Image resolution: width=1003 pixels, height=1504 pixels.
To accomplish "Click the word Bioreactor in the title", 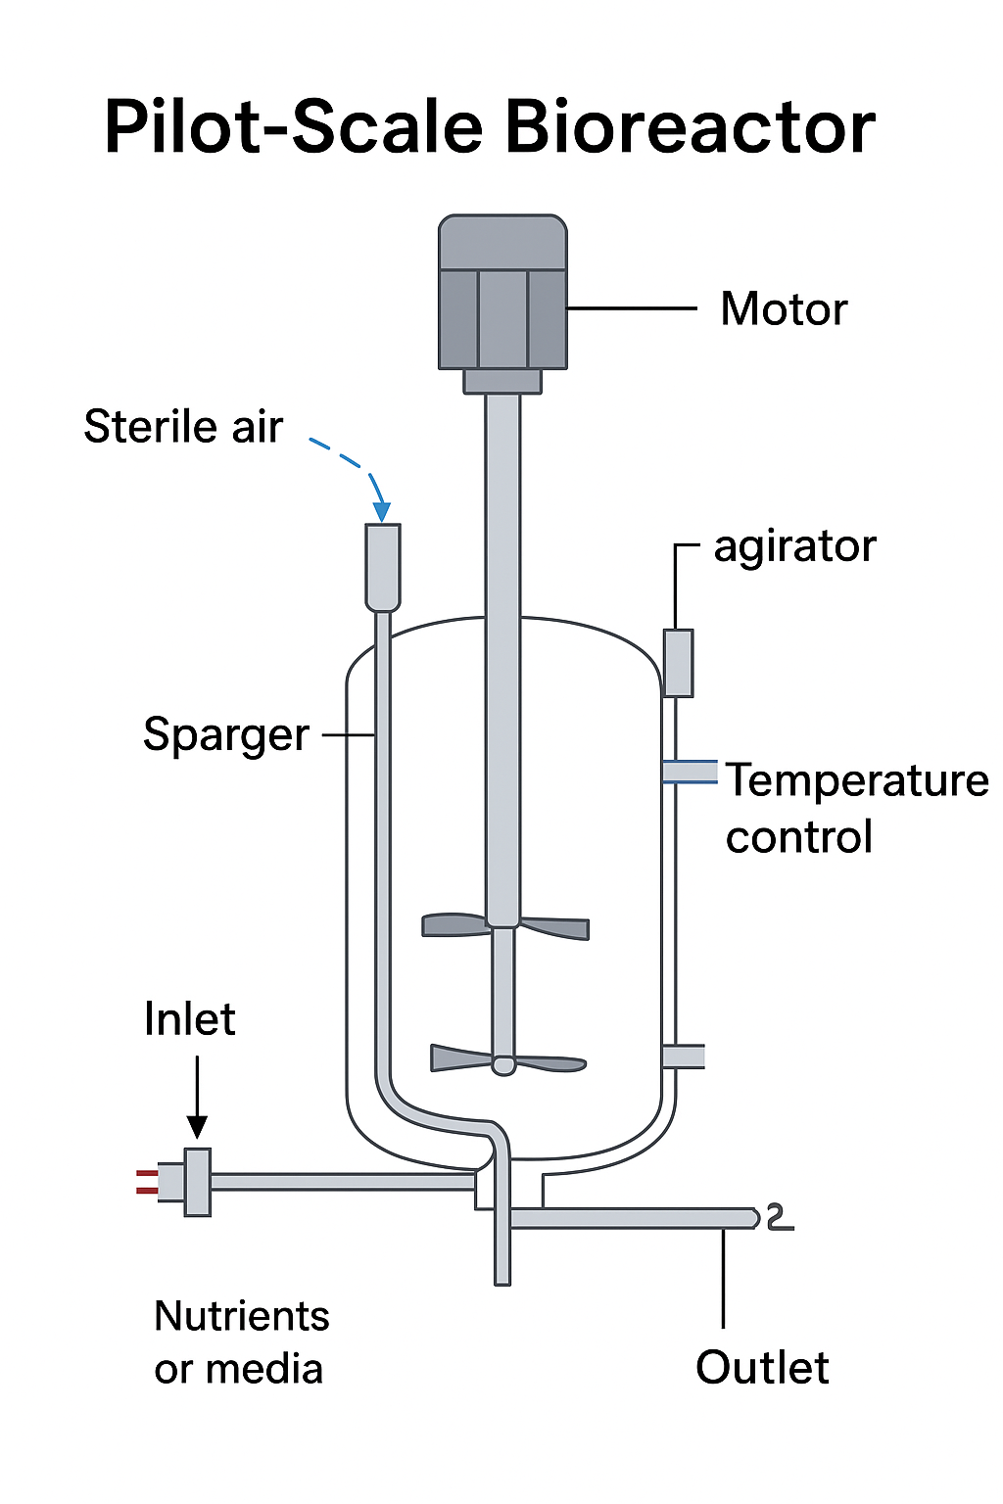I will point(690,127).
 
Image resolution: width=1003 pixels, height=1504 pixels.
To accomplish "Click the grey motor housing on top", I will point(502,294).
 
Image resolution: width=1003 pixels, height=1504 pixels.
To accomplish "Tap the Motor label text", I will point(784,309).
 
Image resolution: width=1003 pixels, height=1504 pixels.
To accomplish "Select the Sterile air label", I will point(183,427).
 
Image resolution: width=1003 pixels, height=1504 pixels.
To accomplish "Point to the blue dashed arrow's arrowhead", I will point(382,512).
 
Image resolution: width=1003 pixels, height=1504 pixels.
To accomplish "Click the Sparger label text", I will point(226,734).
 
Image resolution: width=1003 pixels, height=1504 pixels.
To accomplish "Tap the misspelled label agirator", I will point(794,546).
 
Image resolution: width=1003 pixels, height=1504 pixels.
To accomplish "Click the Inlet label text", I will point(189,1019).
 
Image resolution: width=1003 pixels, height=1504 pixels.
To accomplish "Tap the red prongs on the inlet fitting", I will point(147,1182).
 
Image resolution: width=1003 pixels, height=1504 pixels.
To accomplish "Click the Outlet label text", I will point(762,1368).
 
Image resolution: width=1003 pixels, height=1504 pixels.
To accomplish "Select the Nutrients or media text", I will point(241,1342).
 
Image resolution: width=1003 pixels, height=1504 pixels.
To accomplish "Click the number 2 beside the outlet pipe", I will point(778,1217).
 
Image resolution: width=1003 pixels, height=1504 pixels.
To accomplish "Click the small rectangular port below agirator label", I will point(678,663).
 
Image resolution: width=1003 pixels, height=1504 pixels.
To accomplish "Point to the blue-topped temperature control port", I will point(690,772).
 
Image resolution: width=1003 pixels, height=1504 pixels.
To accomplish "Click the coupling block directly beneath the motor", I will point(502,381).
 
